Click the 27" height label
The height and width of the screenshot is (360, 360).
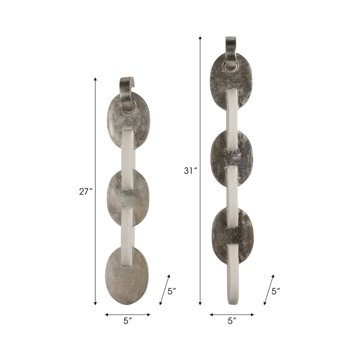pos(85,191)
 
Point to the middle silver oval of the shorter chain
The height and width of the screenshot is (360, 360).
pos(128,197)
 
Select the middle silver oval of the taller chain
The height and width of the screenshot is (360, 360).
pos(231,157)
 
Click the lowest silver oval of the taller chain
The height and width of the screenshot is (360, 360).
pos(232,234)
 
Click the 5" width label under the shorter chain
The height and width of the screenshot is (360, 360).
pos(128,321)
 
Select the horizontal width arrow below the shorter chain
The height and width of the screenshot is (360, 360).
pos(128,315)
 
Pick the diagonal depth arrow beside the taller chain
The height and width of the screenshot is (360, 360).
pos(269,290)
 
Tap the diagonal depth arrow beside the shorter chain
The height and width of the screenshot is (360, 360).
pos(165,290)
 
